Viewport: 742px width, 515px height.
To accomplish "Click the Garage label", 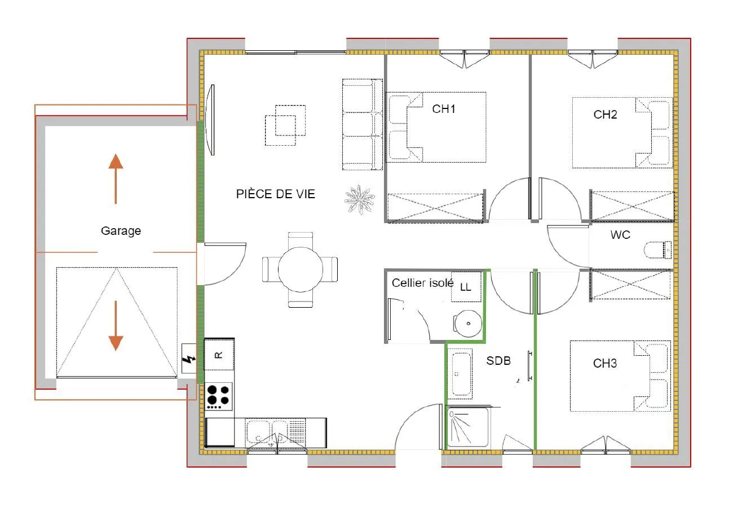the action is click(x=121, y=231).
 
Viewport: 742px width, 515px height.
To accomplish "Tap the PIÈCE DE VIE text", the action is click(x=276, y=194).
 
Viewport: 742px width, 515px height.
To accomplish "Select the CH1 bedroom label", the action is click(x=444, y=109).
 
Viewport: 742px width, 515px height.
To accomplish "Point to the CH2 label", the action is click(x=605, y=115).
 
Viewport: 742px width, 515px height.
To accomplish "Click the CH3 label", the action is click(x=605, y=363).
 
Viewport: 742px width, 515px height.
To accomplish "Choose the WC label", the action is click(x=620, y=235).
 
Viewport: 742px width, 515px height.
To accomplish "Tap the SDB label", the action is click(x=498, y=361).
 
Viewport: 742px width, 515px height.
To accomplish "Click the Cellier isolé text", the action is click(x=423, y=283).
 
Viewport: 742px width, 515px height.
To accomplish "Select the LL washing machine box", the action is click(x=466, y=287).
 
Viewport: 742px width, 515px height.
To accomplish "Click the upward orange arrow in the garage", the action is click(x=116, y=179).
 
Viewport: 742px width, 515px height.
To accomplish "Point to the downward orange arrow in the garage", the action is click(x=116, y=325).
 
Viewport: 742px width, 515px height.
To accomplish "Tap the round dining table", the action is click(x=301, y=269).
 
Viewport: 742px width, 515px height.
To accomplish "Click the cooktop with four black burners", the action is click(x=218, y=396).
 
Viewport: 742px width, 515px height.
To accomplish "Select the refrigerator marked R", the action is click(x=219, y=355).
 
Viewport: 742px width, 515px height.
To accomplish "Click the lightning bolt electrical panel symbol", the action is click(x=189, y=359).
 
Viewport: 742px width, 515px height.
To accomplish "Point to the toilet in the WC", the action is click(x=657, y=250).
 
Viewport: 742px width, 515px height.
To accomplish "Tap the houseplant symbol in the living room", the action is click(x=359, y=200).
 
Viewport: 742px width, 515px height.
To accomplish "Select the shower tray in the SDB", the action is click(x=467, y=427).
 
